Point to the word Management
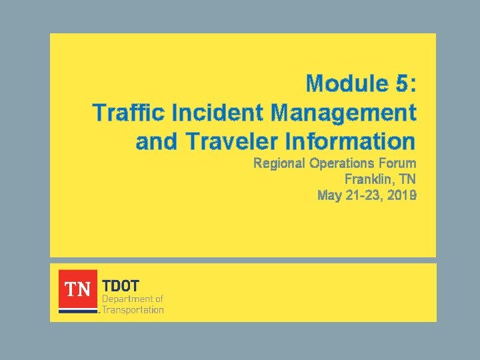coord(344,113)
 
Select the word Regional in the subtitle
coord(279,163)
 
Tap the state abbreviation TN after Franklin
coord(408,179)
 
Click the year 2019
coord(401,195)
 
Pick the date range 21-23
coord(363,195)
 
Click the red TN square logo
coord(77,289)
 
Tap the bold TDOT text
coord(119,285)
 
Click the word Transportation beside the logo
coord(133,309)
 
